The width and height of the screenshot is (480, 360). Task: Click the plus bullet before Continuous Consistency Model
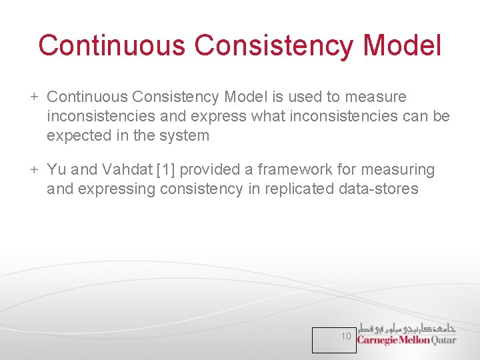click(x=34, y=97)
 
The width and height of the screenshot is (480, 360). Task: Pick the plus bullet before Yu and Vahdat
click(x=34, y=170)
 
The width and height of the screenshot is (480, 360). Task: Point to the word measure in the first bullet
click(x=377, y=97)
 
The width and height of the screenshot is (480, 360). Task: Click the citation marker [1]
click(x=167, y=170)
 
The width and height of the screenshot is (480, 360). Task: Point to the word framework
click(x=296, y=170)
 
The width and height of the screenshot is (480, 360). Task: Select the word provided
click(x=213, y=170)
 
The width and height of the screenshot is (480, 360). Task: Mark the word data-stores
click(x=379, y=189)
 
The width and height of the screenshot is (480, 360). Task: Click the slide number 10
click(x=346, y=337)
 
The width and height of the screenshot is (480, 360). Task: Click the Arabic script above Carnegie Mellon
click(x=407, y=327)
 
